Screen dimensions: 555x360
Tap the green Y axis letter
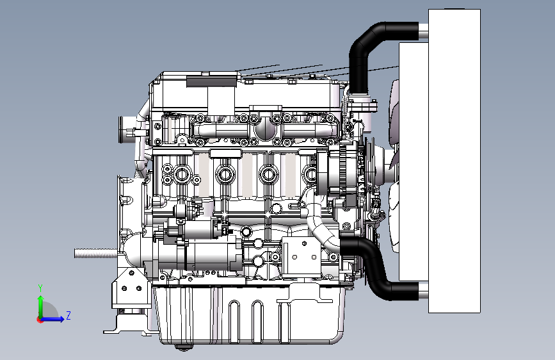[40, 288]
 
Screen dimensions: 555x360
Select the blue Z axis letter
[68, 315]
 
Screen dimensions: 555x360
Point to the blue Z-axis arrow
[53, 319]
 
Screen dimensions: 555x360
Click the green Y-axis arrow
[41, 306]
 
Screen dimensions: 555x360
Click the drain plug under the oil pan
[183, 348]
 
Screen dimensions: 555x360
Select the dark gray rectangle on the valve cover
[211, 81]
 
